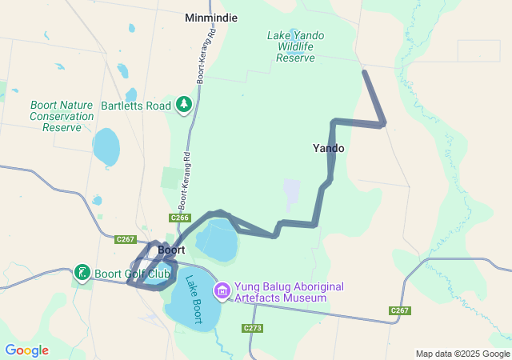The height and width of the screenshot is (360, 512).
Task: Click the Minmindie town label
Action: click(x=211, y=18)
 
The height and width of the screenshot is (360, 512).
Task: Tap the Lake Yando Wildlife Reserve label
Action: click(x=295, y=46)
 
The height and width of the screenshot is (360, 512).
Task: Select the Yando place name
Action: click(x=329, y=149)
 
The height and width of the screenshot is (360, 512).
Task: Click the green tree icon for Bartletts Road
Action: click(x=185, y=105)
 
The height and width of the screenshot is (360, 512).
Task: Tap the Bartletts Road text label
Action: click(x=136, y=106)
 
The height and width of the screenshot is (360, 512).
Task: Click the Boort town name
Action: click(x=172, y=250)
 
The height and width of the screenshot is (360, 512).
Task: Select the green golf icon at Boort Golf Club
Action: click(x=82, y=274)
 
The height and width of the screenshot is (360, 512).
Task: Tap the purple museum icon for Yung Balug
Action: click(x=222, y=290)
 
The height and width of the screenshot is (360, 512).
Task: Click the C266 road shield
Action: click(x=180, y=218)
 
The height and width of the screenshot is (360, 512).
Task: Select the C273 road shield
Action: click(x=252, y=328)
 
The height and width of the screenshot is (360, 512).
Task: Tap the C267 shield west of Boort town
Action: click(x=125, y=239)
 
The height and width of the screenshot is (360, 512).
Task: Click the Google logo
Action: click(x=26, y=350)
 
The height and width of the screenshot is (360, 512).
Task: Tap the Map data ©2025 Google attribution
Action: click(x=462, y=354)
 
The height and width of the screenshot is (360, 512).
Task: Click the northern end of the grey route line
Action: click(x=365, y=73)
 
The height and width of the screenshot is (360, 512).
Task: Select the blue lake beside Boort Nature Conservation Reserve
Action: click(x=106, y=146)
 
